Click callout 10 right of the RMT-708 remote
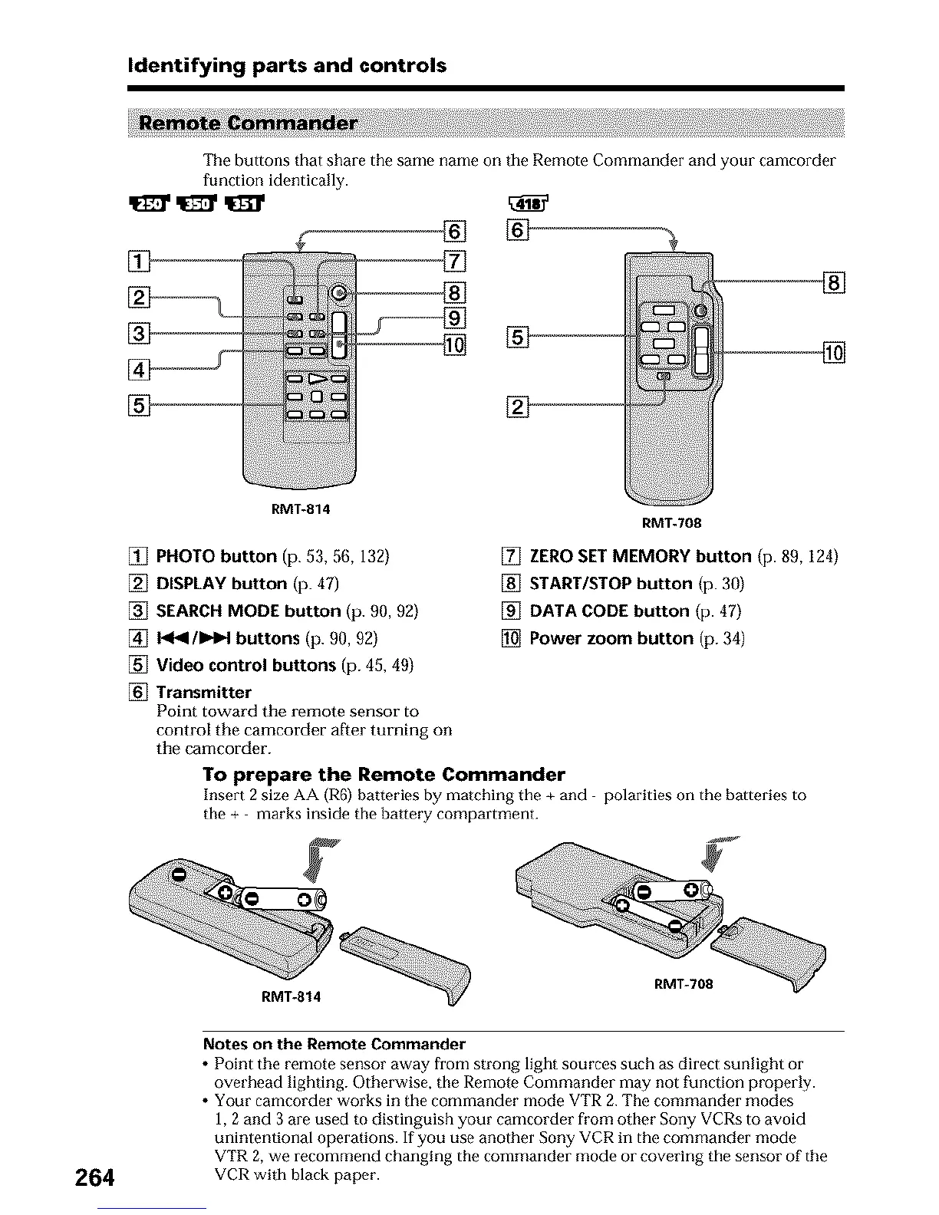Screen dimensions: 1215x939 coord(833,353)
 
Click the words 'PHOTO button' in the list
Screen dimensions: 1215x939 coord(216,556)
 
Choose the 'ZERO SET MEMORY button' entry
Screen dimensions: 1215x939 coord(641,556)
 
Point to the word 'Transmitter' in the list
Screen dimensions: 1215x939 coord(203,692)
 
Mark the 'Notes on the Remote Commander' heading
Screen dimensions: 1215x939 coord(334,1044)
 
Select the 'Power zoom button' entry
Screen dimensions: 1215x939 coord(611,638)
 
